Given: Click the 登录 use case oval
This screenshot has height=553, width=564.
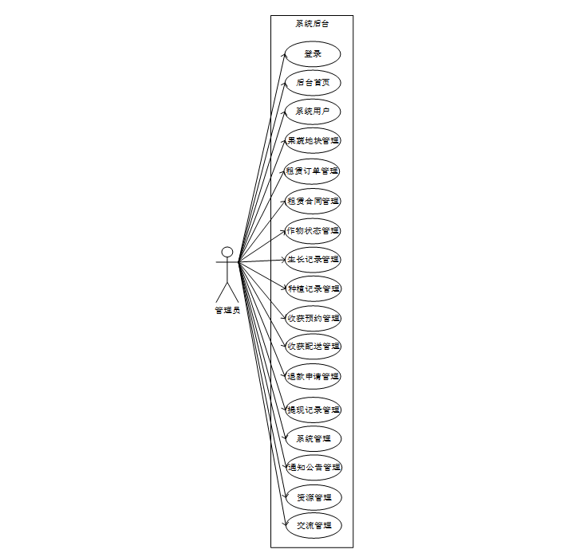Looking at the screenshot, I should (313, 53).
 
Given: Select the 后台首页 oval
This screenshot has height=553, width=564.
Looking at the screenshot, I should (313, 82).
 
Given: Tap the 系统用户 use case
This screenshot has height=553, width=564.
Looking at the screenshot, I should (313, 111).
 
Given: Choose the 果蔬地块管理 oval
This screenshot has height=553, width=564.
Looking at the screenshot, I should (313, 140).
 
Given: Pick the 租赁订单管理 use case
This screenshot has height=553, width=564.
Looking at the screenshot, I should (313, 171).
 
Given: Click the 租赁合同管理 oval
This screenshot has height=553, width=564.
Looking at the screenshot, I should (313, 201).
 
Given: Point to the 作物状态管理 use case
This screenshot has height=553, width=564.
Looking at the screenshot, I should (313, 230).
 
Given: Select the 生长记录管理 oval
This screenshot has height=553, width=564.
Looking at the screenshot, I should (313, 259).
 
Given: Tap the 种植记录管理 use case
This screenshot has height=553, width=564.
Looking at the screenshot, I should (313, 288).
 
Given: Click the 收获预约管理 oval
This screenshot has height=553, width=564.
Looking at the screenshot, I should (313, 318).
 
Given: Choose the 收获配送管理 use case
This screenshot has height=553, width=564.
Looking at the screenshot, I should (313, 347).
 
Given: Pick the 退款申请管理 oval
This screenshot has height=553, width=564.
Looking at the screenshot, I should (313, 376).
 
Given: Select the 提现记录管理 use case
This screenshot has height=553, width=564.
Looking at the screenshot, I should (313, 410).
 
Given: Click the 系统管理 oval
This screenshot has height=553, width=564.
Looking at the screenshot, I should (313, 438).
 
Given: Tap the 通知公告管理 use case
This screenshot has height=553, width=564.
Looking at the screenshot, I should (313, 468).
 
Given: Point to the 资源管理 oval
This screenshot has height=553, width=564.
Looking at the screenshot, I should (313, 497).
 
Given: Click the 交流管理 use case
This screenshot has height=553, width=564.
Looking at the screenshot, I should (313, 526).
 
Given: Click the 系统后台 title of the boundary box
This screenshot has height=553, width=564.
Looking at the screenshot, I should (312, 24).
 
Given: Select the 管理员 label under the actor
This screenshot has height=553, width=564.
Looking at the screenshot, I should (227, 311).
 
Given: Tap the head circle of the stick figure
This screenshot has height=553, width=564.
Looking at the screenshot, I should (227, 253).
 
